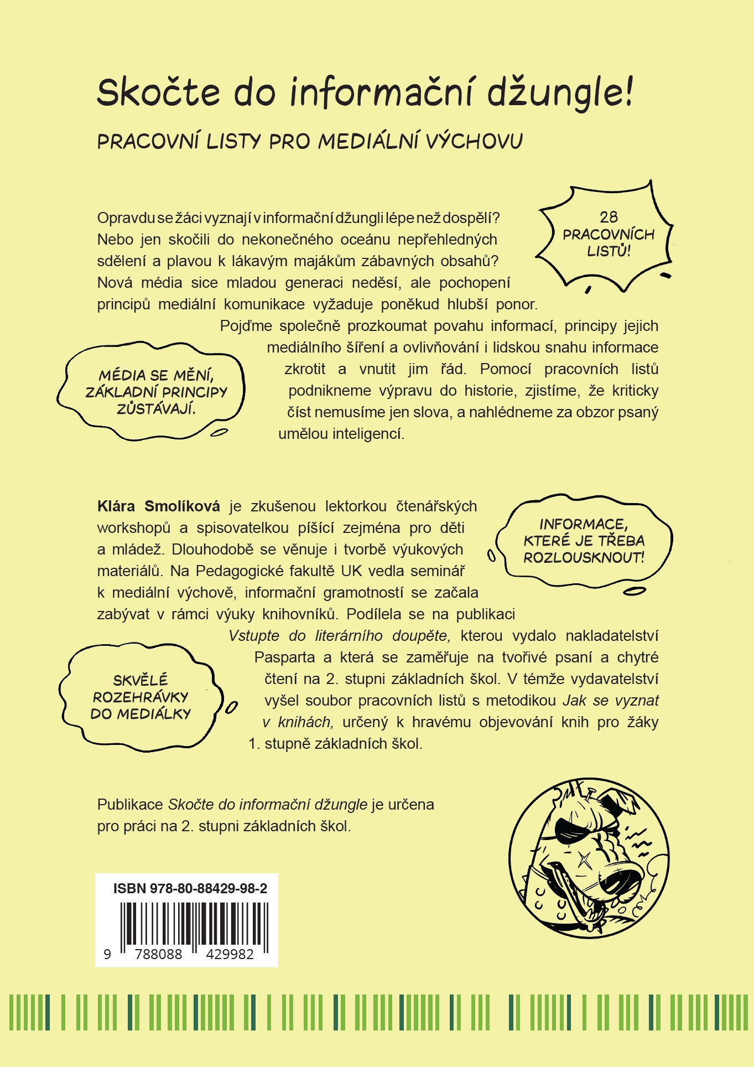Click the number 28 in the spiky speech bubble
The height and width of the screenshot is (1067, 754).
(x=609, y=217)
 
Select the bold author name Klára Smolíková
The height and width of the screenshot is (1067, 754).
(x=158, y=506)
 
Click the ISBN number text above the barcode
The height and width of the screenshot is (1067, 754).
(x=190, y=889)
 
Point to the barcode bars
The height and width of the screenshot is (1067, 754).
(x=194, y=925)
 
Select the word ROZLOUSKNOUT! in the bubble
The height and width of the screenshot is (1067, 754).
(x=584, y=557)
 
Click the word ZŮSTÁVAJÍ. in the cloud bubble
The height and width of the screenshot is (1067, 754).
(x=156, y=409)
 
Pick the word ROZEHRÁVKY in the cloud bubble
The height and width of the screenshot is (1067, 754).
(x=141, y=697)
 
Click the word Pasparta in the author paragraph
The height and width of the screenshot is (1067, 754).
(x=284, y=657)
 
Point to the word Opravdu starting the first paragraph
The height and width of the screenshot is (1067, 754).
(x=125, y=218)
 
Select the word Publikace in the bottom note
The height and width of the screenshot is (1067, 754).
(x=130, y=804)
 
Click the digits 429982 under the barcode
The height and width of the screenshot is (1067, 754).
(x=229, y=955)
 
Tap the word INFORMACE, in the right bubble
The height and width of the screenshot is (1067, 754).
(x=584, y=524)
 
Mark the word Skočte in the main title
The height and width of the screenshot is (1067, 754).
(x=159, y=92)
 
